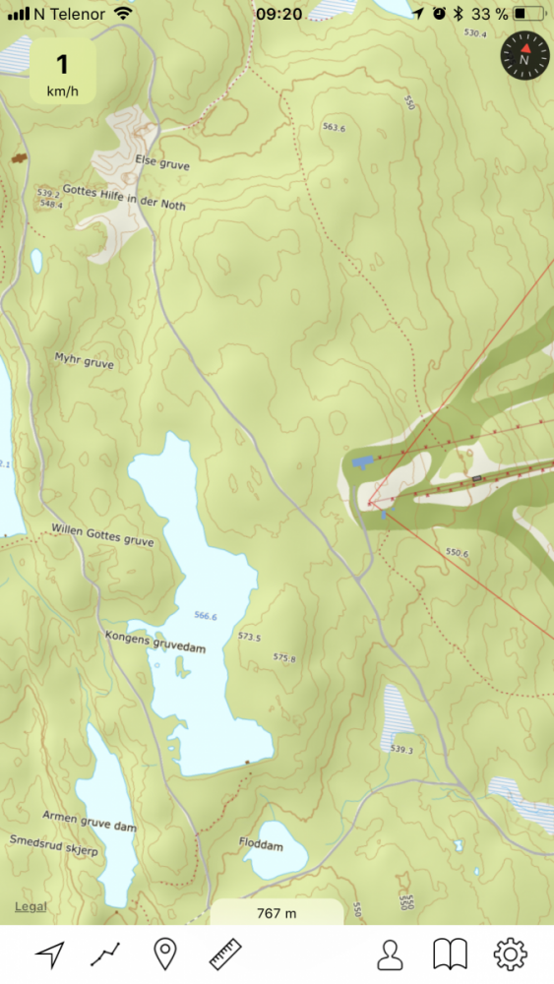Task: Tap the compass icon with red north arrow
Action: coord(523,58)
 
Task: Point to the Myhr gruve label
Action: coord(85,362)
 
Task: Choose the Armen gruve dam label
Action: coord(89,822)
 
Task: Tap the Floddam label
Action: coord(261,844)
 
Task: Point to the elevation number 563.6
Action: coord(335,127)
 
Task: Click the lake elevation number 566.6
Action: coord(205,616)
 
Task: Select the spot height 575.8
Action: coord(284,657)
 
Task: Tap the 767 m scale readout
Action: coord(277,913)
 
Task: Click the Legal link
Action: coord(30,906)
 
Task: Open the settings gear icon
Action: coord(511,953)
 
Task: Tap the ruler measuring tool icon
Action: coord(225,953)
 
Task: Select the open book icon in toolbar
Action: coord(451,953)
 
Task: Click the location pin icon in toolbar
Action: coord(165,953)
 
